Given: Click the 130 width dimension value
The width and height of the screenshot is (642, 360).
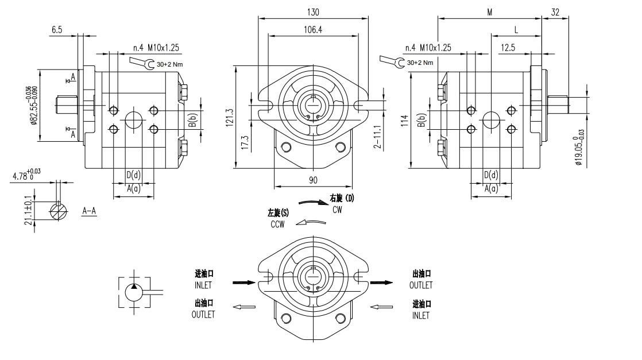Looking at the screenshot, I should pos(313,12).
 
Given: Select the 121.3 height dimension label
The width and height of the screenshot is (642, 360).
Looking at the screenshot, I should pos(230,117).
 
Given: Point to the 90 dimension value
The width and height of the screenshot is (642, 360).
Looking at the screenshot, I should pos(313,180).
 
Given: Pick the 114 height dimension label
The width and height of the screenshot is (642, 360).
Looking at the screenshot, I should pos(405,121).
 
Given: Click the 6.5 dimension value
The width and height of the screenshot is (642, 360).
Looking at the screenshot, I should pos(56,30).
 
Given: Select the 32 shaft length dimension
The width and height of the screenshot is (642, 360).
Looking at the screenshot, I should pos(555,12).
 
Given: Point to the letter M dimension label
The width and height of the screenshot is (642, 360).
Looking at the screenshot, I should pos(489,12).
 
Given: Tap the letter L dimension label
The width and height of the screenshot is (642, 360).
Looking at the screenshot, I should pos(516,29).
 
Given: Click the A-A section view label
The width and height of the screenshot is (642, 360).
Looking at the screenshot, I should pos(89,211).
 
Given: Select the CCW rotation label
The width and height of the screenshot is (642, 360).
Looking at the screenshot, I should pos(278,224).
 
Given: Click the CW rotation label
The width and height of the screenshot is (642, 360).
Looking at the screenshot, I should pos(338,210).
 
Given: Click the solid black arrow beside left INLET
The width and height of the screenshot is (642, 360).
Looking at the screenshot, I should pos(243,282).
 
